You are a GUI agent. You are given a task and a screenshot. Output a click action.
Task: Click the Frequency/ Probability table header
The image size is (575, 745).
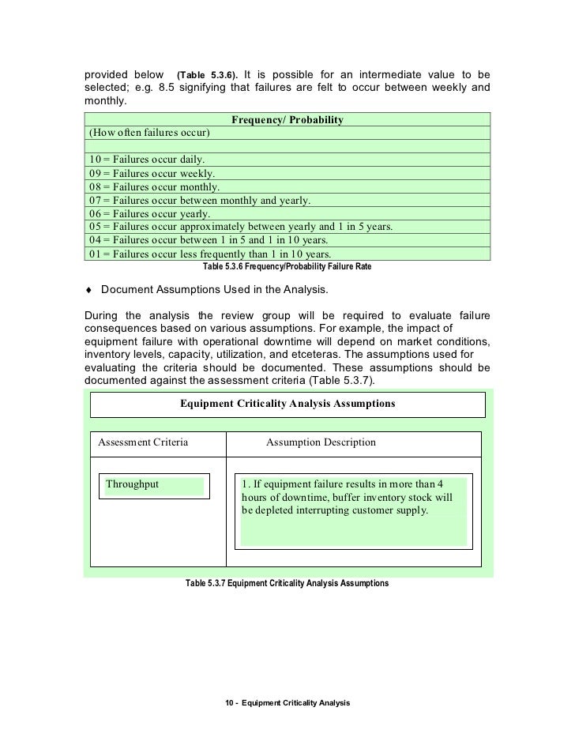click(287, 120)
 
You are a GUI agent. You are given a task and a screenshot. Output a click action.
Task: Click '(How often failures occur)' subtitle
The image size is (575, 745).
click(148, 133)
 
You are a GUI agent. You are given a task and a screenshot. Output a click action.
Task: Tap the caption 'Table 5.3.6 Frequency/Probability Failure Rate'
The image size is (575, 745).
click(287, 267)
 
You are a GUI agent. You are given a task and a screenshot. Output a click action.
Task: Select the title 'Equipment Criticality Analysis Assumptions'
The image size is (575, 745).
click(287, 404)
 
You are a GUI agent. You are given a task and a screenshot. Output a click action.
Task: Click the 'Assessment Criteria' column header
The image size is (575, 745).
click(143, 442)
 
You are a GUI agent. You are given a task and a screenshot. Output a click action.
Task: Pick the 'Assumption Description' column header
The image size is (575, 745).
click(321, 442)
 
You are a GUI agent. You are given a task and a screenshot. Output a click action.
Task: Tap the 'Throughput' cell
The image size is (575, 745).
click(133, 484)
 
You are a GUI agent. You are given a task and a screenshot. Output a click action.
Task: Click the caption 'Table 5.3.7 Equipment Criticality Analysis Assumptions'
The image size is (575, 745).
click(287, 583)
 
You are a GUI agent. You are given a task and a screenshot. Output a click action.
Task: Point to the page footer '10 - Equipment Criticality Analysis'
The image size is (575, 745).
click(287, 702)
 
